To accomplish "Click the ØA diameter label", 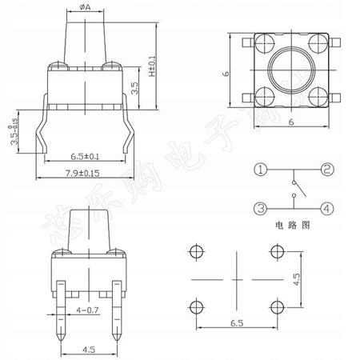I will pos(85,8).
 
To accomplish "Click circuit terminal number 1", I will pos(261,170).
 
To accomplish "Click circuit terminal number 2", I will pos(327,170).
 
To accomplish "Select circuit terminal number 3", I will pos(261,209).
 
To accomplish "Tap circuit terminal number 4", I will pos(327,209).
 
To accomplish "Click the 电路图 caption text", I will pos(294,226).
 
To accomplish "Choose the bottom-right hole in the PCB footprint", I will pos(278,307).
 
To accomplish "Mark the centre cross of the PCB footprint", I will pos(237,280).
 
